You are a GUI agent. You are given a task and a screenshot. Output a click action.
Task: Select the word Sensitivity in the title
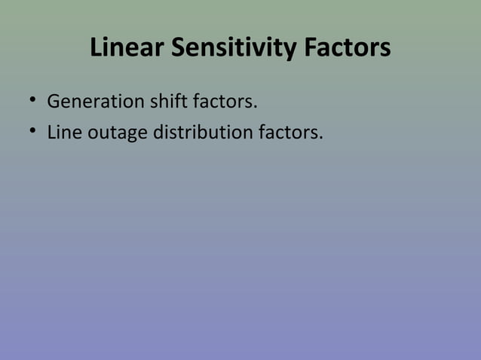tap(237, 49)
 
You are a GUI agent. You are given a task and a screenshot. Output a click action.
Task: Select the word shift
tap(167, 100)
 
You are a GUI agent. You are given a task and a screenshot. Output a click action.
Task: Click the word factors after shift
tap(225, 101)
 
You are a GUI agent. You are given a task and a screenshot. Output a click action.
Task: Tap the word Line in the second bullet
tap(65, 133)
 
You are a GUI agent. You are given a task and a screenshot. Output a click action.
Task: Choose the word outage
tap(118, 135)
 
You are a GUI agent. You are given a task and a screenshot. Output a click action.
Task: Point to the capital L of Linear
tap(97, 49)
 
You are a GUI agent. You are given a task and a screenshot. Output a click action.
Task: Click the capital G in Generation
tap(54, 101)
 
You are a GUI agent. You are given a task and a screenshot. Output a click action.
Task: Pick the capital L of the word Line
tap(51, 133)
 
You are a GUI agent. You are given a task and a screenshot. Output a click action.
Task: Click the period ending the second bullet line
tap(321, 139)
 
